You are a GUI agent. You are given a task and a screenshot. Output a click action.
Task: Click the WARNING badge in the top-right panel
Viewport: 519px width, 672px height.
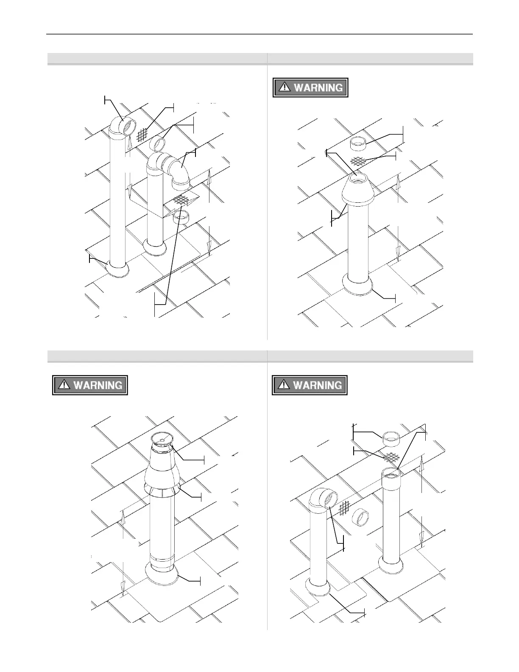click(x=310, y=88)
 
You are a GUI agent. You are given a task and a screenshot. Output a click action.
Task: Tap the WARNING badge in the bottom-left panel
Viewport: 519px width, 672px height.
click(x=90, y=385)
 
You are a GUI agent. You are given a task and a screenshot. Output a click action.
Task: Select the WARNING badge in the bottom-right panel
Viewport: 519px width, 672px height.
click(x=310, y=385)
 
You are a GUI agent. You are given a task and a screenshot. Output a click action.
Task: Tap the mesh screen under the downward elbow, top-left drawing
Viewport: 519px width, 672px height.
click(x=181, y=199)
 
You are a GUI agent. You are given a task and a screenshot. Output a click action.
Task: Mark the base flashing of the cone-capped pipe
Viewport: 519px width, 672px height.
click(x=358, y=287)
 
